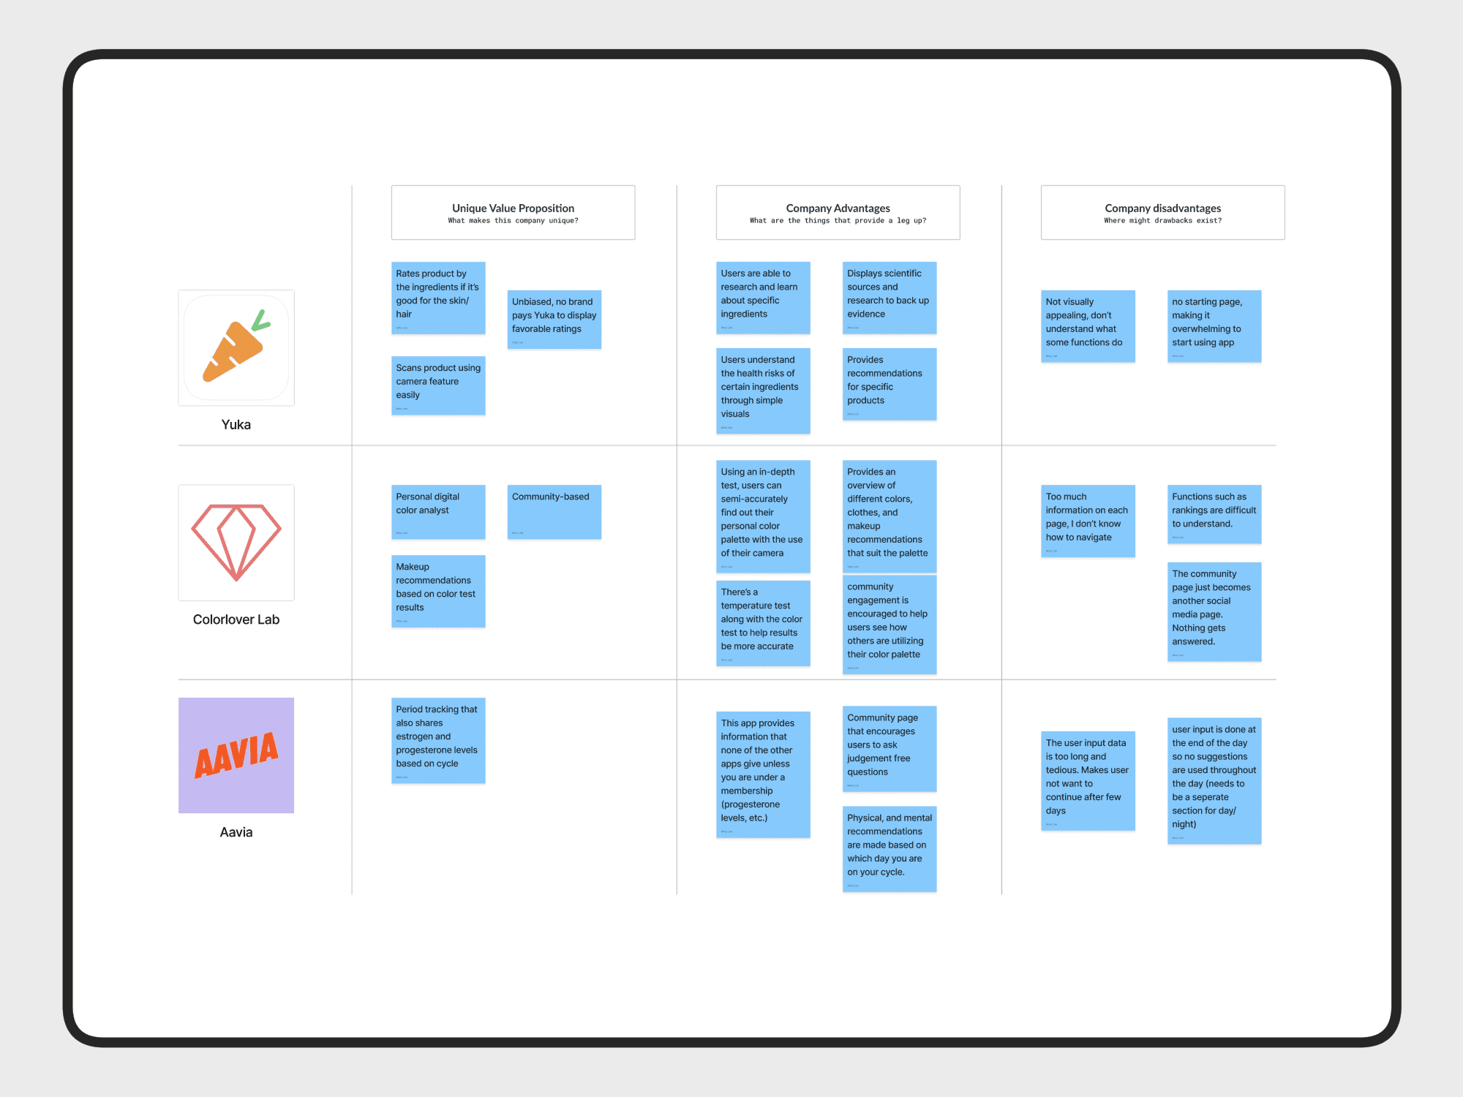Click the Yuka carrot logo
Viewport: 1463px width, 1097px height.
coord(236,348)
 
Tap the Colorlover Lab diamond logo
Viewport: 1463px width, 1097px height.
coord(236,542)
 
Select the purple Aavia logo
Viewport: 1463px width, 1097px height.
coord(236,755)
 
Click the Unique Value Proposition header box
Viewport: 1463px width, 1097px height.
coord(513,212)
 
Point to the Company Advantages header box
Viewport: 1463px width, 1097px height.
coord(838,212)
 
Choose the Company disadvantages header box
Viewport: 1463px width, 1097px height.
coord(1162,212)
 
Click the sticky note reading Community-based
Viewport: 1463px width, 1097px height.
coord(554,511)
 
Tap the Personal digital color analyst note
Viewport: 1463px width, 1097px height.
coord(437,511)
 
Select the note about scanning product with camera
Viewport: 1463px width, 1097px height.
coord(437,385)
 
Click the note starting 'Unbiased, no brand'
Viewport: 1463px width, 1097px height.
coord(554,319)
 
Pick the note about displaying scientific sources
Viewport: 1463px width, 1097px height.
coord(889,297)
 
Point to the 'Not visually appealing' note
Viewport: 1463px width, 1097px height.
coord(1088,325)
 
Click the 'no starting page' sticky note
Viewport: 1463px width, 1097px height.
coord(1214,325)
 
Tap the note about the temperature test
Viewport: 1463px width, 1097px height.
coord(762,622)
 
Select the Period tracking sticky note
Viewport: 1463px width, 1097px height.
coord(437,739)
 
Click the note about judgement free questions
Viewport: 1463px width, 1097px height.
coord(889,748)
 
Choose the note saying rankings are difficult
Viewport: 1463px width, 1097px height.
coord(1214,513)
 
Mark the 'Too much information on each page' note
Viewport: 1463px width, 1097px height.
coord(1088,520)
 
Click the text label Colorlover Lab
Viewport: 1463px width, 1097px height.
coord(236,619)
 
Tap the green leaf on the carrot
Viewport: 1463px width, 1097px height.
coord(260,321)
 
